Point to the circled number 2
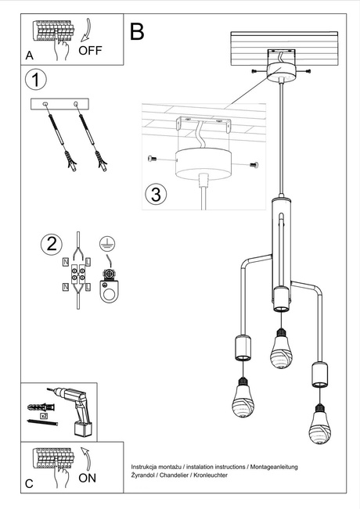click(52, 243)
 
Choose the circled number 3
click(157, 192)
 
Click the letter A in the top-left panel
click(29, 56)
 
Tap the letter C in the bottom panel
click(29, 484)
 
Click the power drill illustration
click(74, 411)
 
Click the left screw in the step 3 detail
click(152, 159)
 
